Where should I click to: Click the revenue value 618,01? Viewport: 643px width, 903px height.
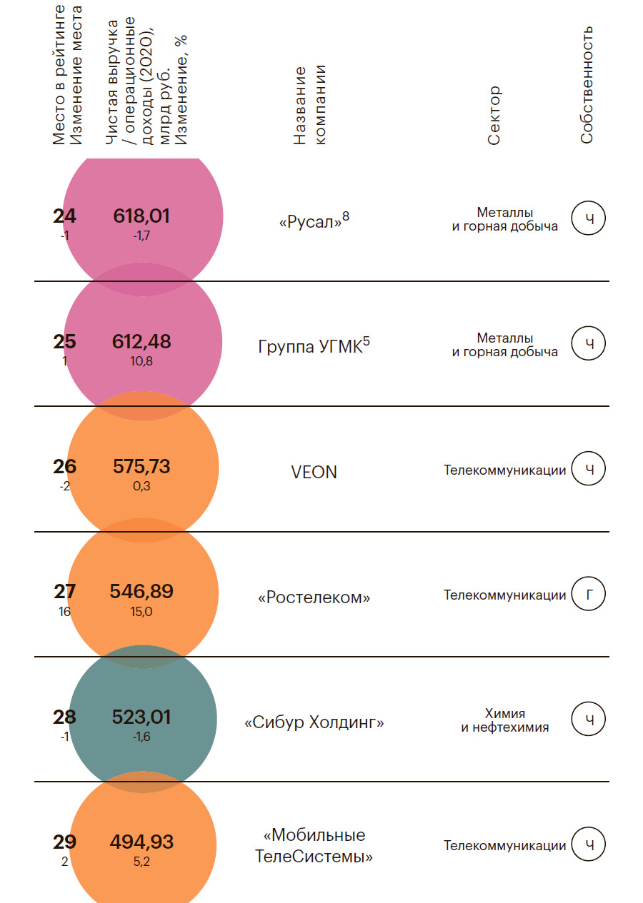tap(141, 216)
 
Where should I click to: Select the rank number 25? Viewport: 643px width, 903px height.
tap(64, 342)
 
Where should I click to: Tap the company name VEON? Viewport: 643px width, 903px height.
tap(314, 472)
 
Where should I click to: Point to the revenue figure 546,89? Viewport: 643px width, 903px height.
tap(141, 592)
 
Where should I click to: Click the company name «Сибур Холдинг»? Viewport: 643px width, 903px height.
tap(314, 722)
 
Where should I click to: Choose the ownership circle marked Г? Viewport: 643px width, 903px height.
tap(589, 594)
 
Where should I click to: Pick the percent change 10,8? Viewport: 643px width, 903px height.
tap(141, 361)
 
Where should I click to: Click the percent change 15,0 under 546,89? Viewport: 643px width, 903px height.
tap(141, 612)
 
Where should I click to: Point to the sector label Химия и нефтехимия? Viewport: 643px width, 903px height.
tap(504, 720)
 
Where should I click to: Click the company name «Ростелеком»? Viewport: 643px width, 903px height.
tap(314, 597)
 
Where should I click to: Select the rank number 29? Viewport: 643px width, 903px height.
tap(64, 842)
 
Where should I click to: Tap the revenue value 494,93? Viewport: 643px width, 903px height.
tap(141, 842)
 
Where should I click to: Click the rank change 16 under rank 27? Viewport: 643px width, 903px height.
tap(65, 611)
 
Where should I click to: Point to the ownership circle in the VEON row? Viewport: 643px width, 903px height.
tap(589, 469)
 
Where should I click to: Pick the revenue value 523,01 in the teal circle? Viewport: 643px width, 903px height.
tap(141, 717)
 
